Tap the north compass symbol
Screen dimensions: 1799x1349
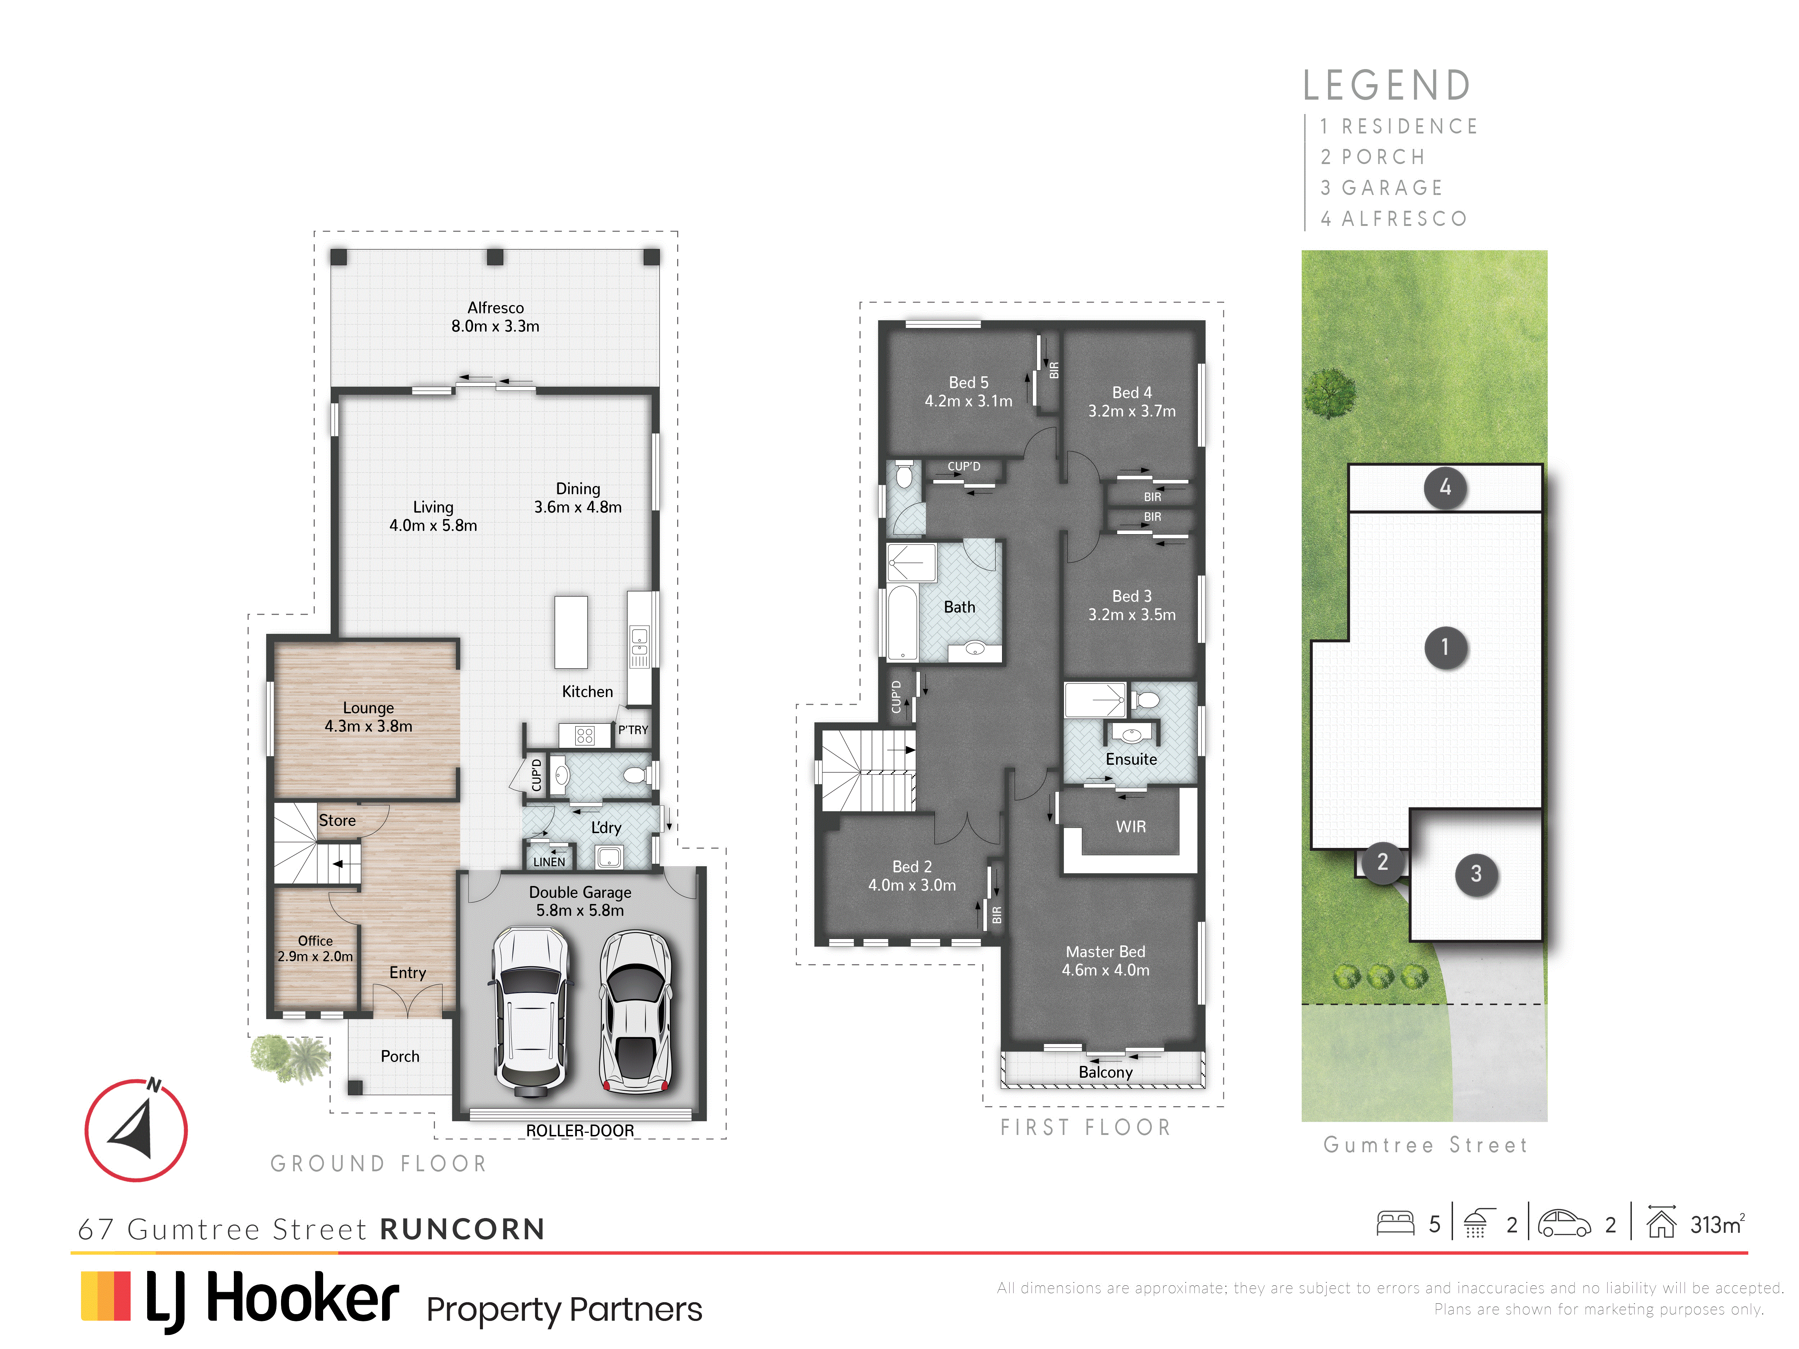point(136,1130)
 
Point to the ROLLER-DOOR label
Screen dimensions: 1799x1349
point(580,1130)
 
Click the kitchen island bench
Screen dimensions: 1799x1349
point(571,633)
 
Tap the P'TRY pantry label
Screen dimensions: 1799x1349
point(633,730)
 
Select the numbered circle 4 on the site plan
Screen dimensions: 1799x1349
point(1445,488)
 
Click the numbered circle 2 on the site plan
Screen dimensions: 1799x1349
point(1383,861)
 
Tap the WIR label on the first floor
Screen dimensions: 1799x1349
point(1130,827)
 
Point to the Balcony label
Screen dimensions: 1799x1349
point(1105,1072)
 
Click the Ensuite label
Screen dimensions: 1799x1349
point(1131,759)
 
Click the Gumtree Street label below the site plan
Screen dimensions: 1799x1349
point(1426,1145)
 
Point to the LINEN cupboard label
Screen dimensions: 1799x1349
point(549,862)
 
